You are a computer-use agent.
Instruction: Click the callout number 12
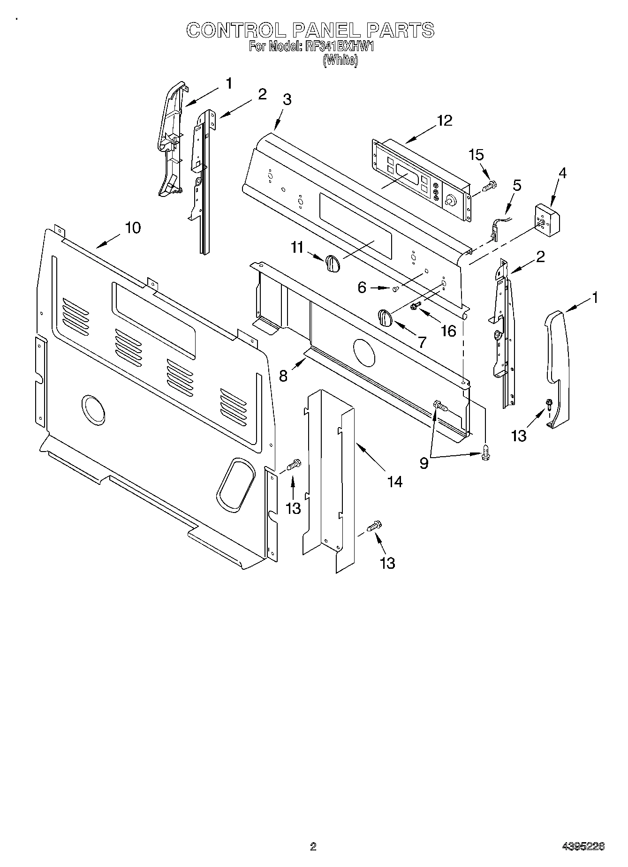(444, 121)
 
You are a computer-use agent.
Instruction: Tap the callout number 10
(132, 228)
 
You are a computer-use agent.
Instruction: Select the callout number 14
(394, 481)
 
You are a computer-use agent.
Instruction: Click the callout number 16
(448, 331)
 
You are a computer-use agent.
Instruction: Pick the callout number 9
(424, 463)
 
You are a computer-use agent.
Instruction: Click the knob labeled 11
(332, 263)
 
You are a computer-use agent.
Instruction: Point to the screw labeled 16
(415, 307)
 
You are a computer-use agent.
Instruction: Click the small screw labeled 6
(395, 289)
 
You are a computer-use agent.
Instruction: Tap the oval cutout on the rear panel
(236, 485)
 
